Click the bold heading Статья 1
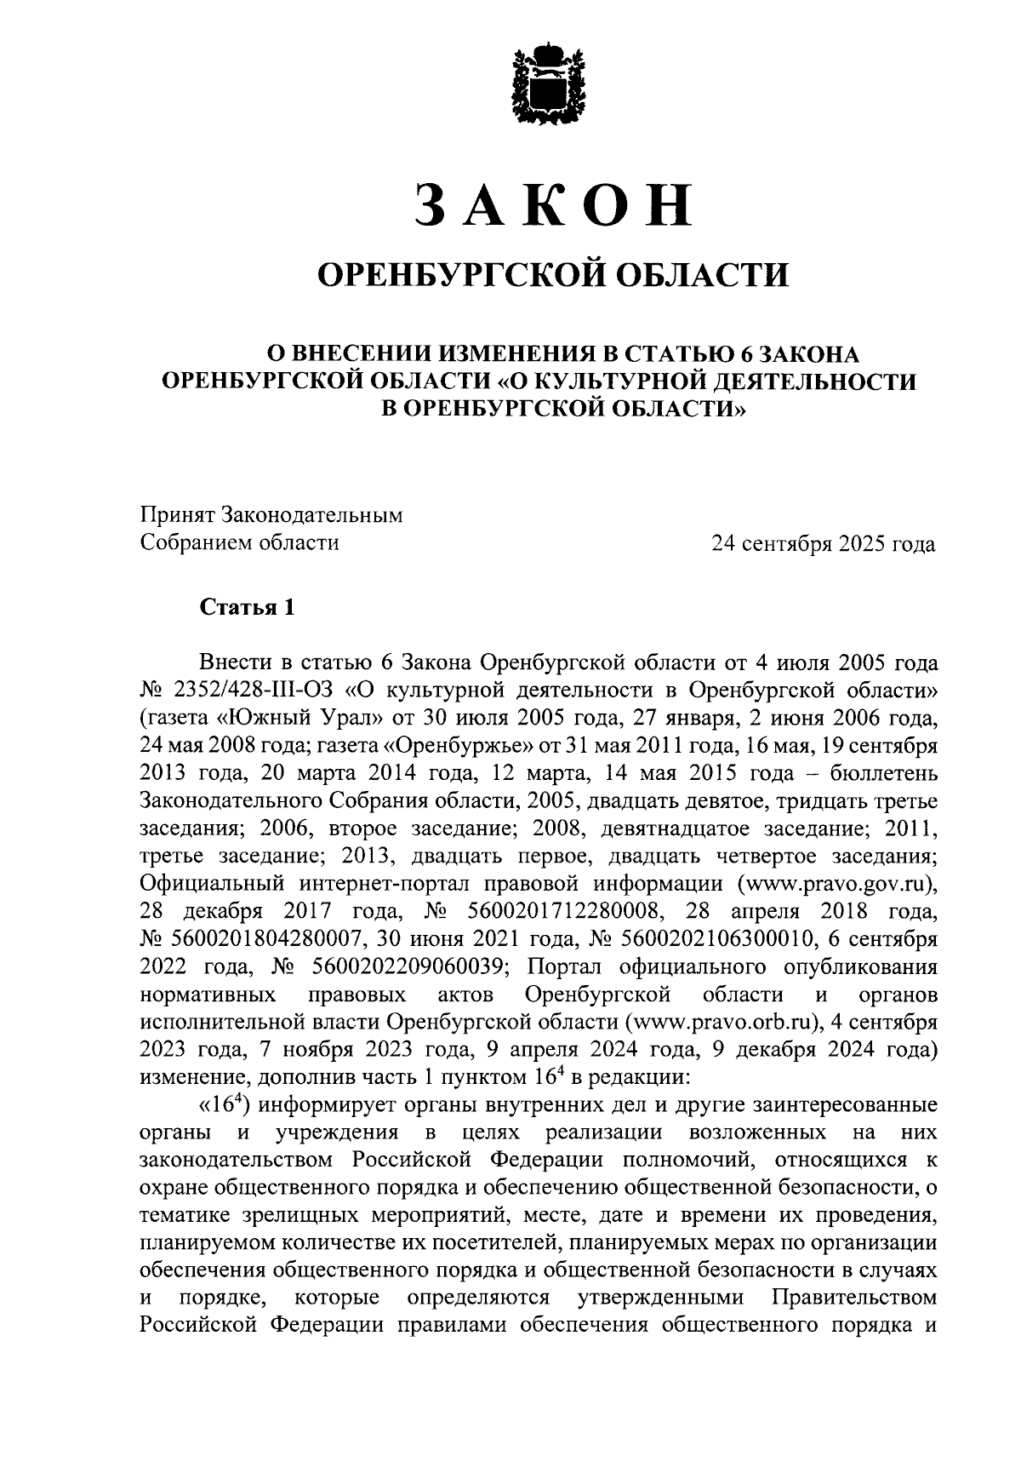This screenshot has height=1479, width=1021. (247, 606)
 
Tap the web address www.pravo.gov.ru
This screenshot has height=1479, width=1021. (839, 883)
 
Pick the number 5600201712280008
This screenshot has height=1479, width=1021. (565, 911)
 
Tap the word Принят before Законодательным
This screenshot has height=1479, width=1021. (177, 516)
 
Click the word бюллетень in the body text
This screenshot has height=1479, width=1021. (884, 774)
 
